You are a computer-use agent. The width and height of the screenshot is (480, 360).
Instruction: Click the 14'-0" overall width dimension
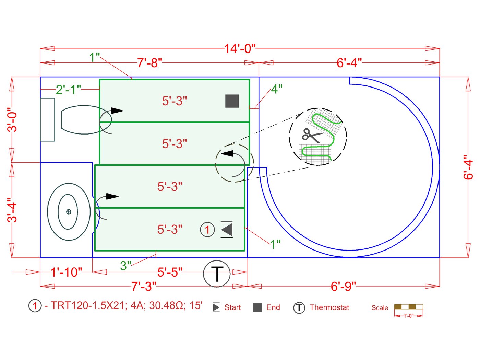point(240,48)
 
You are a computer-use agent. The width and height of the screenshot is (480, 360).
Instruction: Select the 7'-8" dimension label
point(149,63)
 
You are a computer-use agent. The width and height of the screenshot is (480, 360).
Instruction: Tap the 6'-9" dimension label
point(343,286)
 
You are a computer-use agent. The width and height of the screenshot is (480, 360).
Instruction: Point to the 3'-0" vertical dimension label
point(12,119)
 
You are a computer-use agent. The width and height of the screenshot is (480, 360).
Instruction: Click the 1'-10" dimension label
point(66,272)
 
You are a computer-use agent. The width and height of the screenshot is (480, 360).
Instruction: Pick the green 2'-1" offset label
point(69,90)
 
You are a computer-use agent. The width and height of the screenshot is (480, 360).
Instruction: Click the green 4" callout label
point(277,89)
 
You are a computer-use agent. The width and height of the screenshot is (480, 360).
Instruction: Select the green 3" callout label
point(125,266)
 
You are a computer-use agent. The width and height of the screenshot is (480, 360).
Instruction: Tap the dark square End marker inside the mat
point(232,101)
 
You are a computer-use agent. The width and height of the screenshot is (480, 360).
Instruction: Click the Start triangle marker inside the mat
point(227,229)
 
